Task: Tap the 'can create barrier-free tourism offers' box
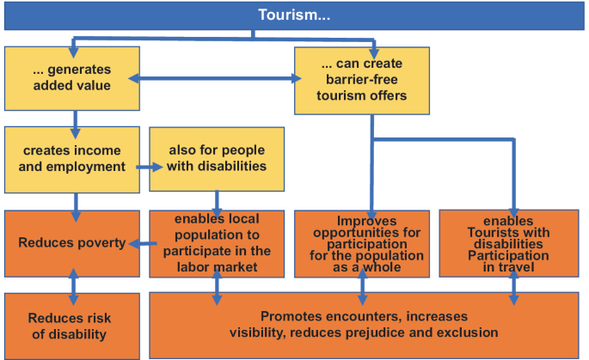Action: [x=364, y=80]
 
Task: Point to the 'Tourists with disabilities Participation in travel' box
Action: [x=509, y=243]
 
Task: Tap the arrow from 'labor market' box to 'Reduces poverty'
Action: [x=143, y=243]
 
